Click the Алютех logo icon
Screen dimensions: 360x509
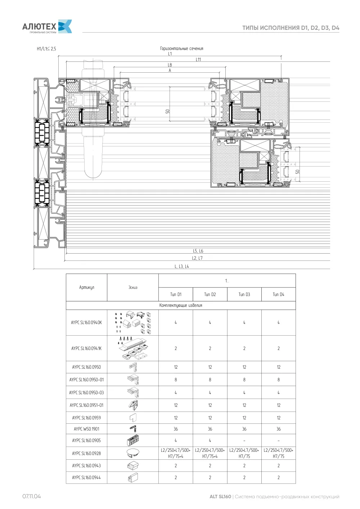[65, 26]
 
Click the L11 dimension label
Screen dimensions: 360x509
[198, 60]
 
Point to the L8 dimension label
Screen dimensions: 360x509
[170, 65]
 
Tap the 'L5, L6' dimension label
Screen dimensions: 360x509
[198, 251]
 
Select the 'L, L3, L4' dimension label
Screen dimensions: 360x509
[182, 266]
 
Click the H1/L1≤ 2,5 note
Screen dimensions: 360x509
[46, 49]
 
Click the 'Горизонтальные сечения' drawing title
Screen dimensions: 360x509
[182, 49]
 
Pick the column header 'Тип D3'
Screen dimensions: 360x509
[244, 294]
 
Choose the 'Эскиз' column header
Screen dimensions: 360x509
[133, 287]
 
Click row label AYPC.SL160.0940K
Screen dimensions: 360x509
[86, 322]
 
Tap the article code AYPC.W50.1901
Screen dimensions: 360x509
[86, 429]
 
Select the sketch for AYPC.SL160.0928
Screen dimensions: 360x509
[133, 453]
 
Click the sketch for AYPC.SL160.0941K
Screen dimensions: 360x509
[133, 348]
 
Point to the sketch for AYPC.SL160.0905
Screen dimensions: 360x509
[133, 440]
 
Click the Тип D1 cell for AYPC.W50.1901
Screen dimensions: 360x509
[176, 429]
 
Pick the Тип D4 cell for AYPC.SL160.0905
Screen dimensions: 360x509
[279, 440]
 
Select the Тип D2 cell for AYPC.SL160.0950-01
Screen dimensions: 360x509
[210, 380]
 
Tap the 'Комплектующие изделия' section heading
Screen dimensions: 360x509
[181, 305]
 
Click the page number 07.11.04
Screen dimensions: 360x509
[32, 496]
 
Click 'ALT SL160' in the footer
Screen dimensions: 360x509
[220, 496]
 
